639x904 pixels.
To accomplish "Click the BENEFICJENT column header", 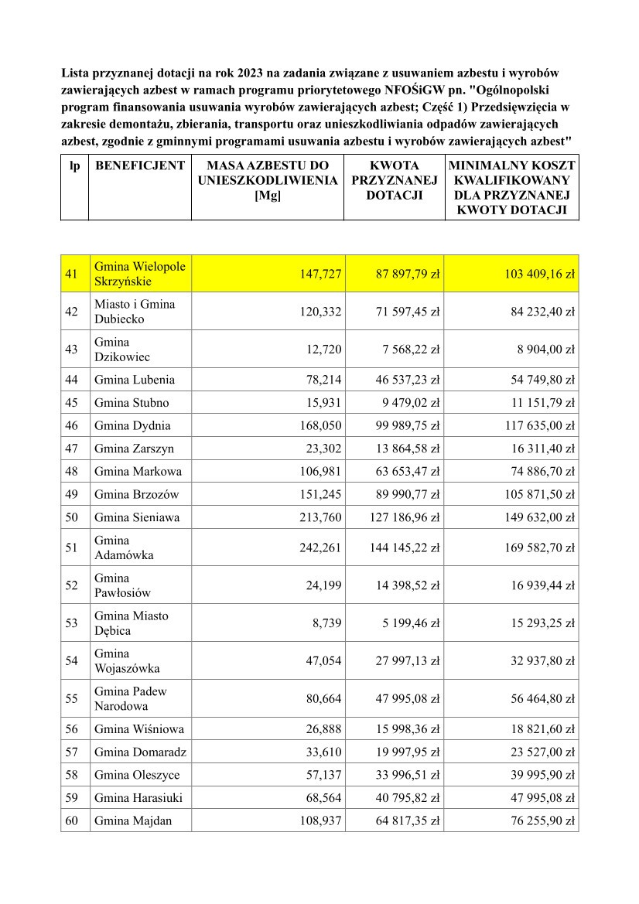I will coord(139,165).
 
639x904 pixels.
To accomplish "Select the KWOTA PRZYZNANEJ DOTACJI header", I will coord(395,180).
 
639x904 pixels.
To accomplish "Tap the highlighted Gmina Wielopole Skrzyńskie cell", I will coord(139,274).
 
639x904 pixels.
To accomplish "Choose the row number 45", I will coord(74,403).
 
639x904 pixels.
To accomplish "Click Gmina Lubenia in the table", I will coord(135,380).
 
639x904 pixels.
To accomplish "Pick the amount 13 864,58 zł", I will coord(408,449).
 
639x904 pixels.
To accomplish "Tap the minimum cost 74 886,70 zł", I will coord(540,471).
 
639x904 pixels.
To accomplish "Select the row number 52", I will coord(74,585).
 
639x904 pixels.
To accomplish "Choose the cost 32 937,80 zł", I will coord(540,660).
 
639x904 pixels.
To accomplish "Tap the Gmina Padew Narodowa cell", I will coord(131,698).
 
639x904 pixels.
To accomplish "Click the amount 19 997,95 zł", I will coord(408,752).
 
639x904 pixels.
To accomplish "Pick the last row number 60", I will coord(74,820).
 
